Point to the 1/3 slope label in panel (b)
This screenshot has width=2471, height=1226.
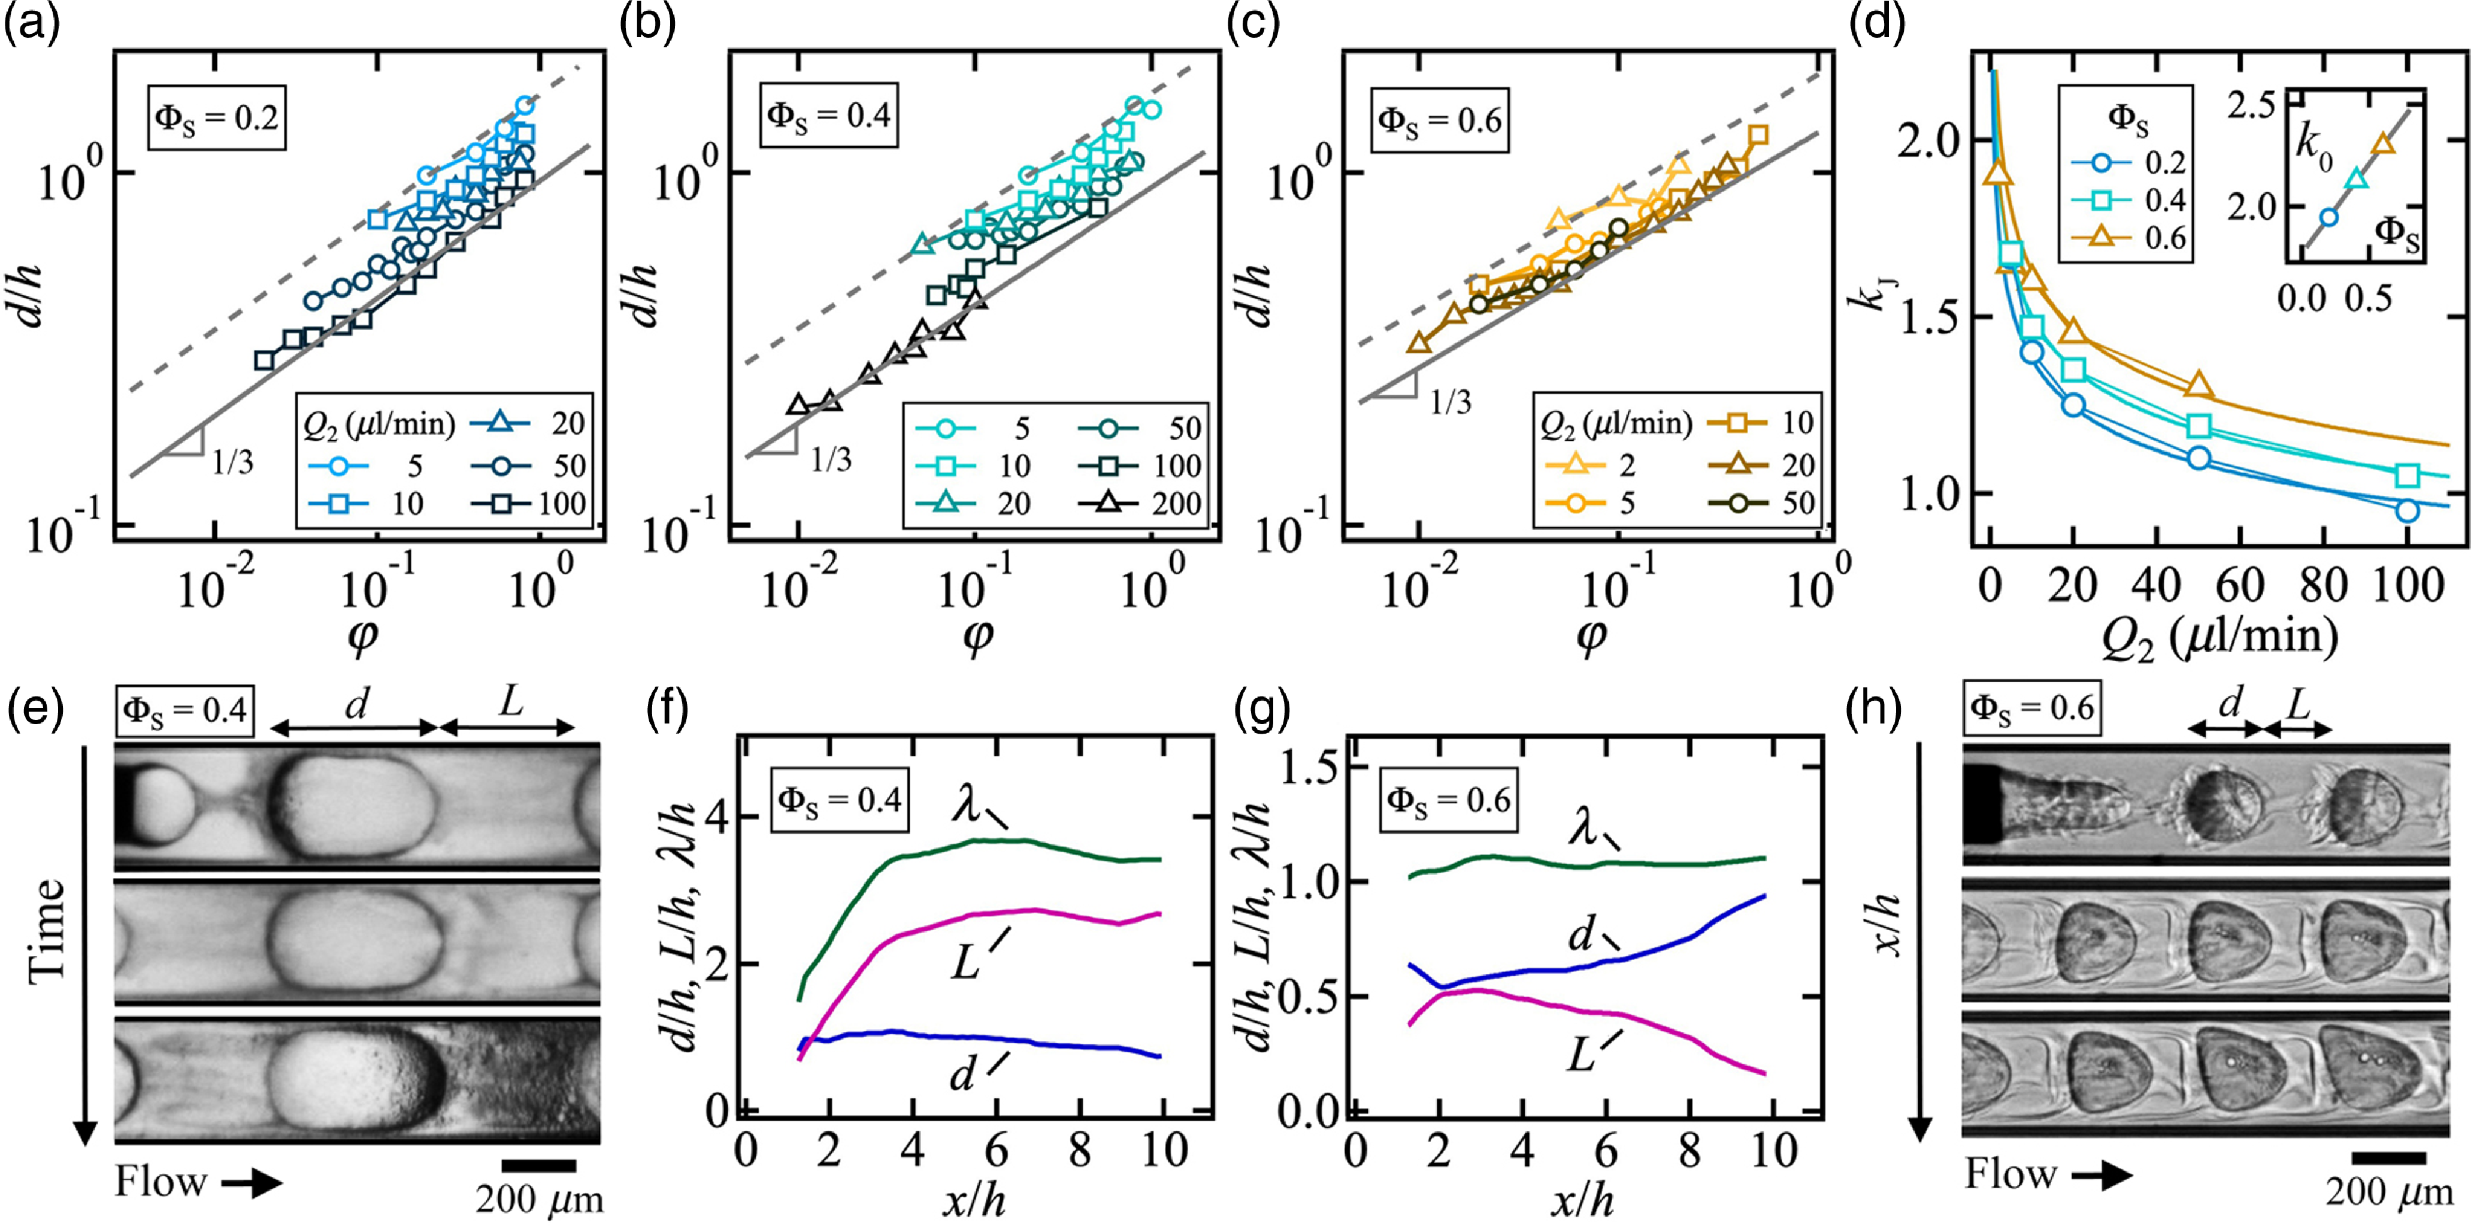(x=831, y=459)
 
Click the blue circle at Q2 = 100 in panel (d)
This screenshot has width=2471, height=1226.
(x=2407, y=510)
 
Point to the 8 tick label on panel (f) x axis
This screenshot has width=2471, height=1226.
(x=1080, y=1149)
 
